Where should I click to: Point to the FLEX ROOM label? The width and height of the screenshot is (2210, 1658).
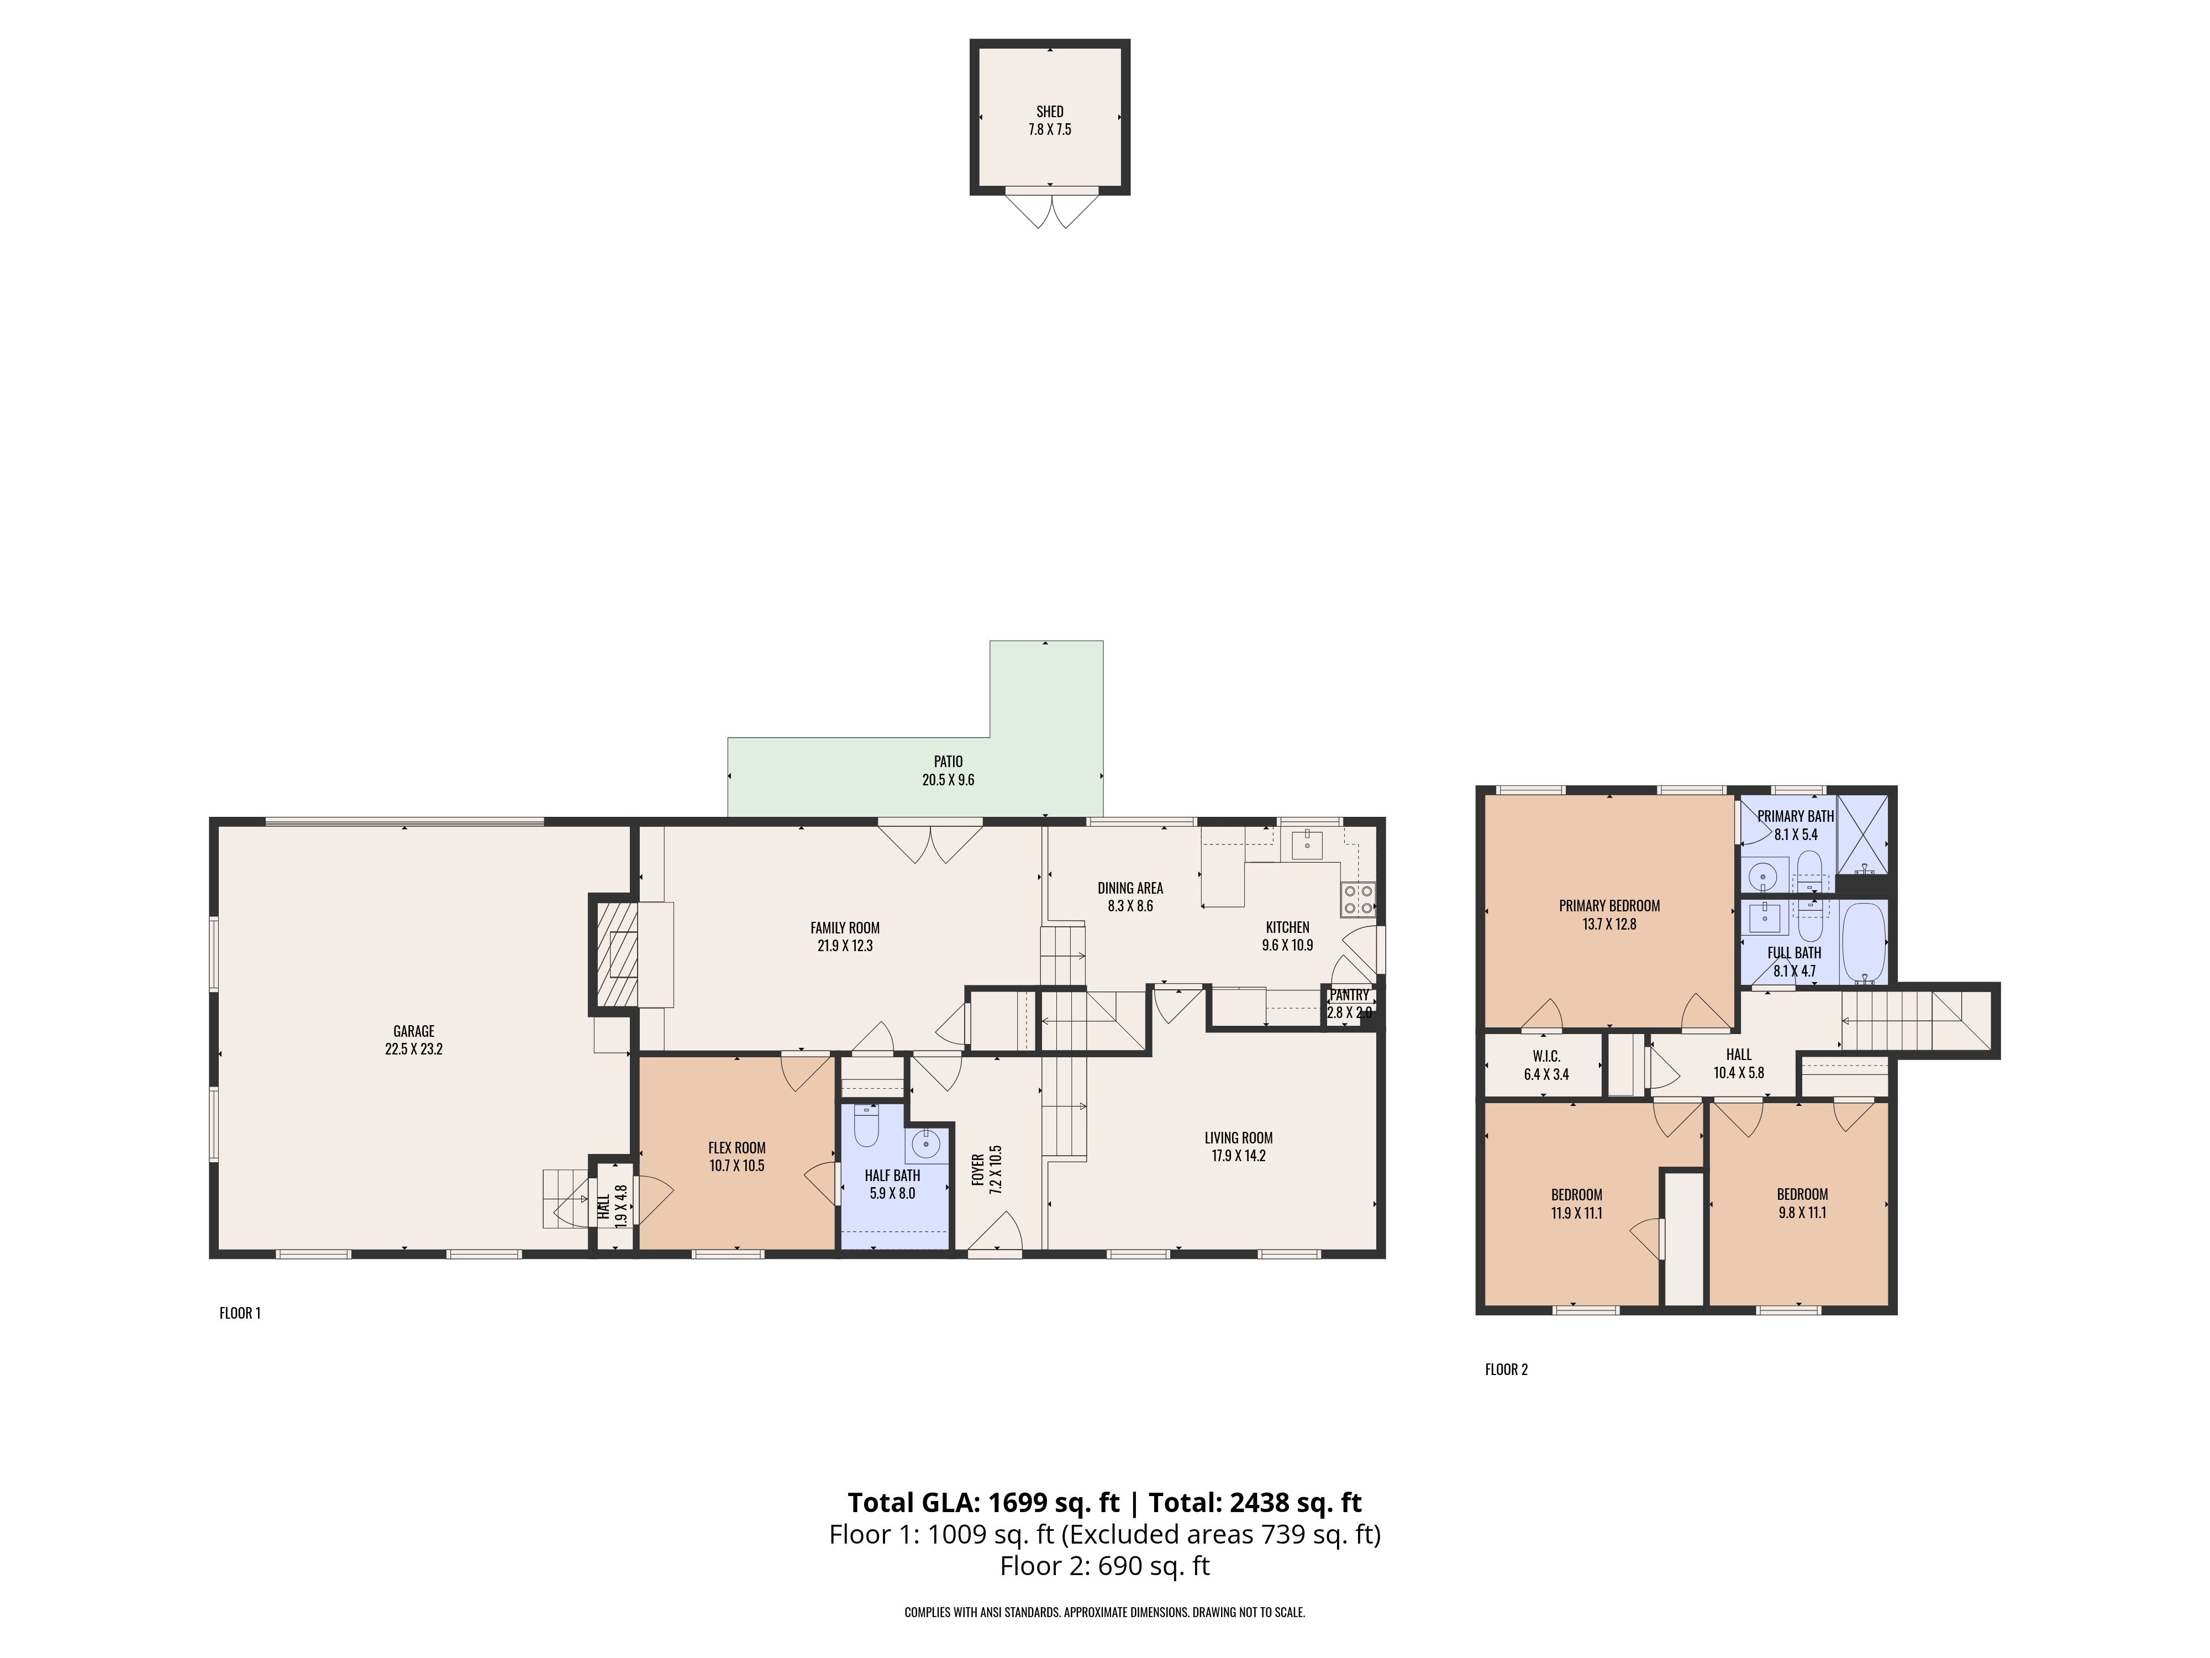pyautogui.click(x=736, y=1147)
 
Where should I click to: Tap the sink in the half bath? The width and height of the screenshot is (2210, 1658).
pyautogui.click(x=925, y=1141)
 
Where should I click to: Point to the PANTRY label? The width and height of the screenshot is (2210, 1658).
pyautogui.click(x=1349, y=995)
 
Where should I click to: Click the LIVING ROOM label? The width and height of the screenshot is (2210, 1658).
pyautogui.click(x=1238, y=1137)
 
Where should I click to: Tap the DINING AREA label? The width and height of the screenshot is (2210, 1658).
pyautogui.click(x=1130, y=888)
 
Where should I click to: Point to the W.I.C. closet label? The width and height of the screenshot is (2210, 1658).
pyautogui.click(x=1545, y=1056)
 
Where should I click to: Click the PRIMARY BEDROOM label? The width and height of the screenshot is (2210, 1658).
pyautogui.click(x=1608, y=905)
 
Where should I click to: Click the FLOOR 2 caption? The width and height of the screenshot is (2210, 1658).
pyautogui.click(x=1506, y=1369)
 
